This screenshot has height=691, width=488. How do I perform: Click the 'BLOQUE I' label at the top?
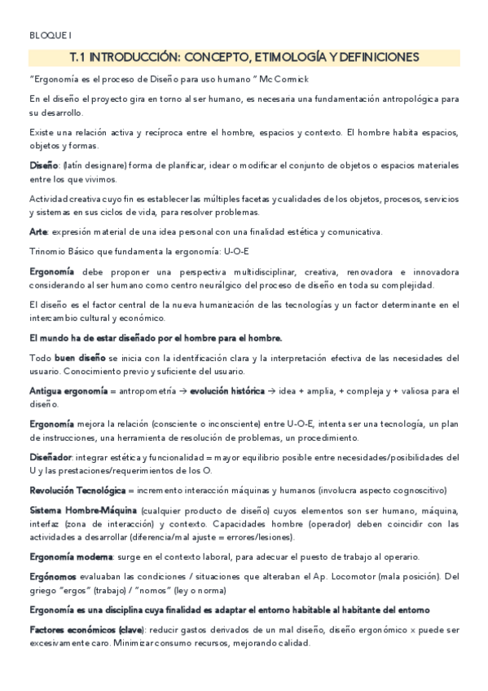point(50,36)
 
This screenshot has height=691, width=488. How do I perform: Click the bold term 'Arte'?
point(37,232)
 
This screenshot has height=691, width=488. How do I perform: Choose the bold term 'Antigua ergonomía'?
point(68,391)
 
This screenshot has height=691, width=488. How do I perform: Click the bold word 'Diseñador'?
point(51,457)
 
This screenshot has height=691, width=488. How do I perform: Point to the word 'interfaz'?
point(46,524)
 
